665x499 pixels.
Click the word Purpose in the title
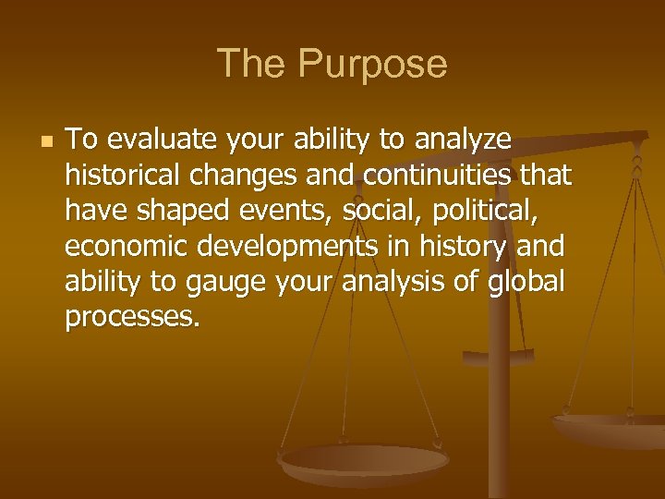coord(373,65)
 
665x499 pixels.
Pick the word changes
coord(229,176)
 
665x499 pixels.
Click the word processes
coord(131,316)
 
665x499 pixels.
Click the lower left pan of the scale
coord(364,461)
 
